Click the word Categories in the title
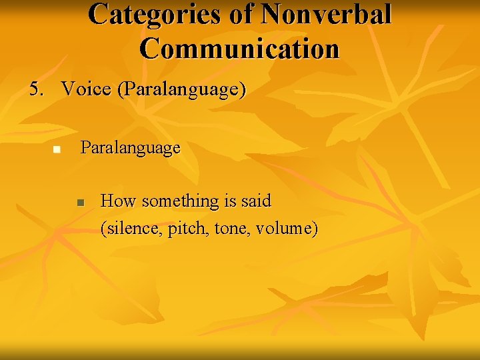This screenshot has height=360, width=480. click(x=155, y=14)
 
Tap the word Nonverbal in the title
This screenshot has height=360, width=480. click(x=327, y=14)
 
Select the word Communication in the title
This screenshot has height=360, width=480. click(x=240, y=49)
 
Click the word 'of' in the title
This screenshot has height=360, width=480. click(x=241, y=14)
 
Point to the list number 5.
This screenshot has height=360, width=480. click(x=35, y=89)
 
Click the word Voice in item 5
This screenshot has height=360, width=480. click(x=87, y=89)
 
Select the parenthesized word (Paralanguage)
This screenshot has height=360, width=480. click(x=181, y=89)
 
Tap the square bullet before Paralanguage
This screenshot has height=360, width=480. click(x=57, y=149)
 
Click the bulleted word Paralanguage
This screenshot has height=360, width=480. click(x=130, y=148)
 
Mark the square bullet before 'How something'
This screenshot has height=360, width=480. click(x=80, y=202)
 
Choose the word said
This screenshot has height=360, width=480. click(x=257, y=201)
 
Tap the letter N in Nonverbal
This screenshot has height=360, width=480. click(x=273, y=14)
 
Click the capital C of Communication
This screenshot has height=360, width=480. click(x=151, y=49)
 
